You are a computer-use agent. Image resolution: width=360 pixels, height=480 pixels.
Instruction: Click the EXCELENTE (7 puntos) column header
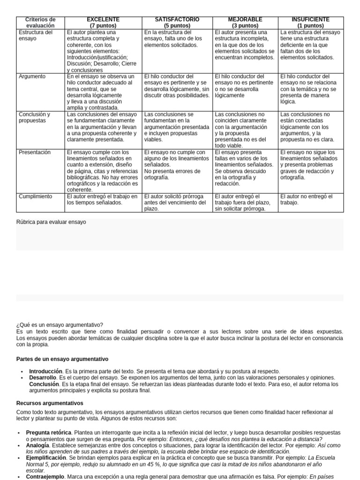coord(103,22)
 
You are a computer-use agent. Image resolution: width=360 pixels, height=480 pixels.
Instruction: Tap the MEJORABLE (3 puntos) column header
coord(245,22)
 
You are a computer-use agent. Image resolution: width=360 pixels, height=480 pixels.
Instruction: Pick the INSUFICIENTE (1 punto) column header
coord(310,22)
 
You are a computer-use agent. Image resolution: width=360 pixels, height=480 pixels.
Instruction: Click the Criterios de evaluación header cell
coord(40,22)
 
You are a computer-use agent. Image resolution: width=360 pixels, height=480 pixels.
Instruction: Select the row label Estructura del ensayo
coord(36,36)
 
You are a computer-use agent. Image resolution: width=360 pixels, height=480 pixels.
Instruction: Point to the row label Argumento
coord(32,76)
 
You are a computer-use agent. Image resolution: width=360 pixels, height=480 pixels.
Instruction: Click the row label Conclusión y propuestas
coord(34,117)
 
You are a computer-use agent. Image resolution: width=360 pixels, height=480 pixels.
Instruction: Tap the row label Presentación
coord(34,152)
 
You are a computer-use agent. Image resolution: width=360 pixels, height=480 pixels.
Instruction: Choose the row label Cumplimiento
coord(35,196)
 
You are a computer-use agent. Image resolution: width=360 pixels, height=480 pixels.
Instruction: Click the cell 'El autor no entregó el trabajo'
coord(306,199)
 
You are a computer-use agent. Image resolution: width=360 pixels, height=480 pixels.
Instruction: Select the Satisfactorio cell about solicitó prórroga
coord(177,202)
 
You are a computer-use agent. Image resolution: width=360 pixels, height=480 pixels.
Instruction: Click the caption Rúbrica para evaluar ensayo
coord(51,222)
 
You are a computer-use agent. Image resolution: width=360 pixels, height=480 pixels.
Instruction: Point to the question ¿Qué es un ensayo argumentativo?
coord(60,325)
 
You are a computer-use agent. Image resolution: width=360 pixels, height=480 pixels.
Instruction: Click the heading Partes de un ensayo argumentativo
coord(62,359)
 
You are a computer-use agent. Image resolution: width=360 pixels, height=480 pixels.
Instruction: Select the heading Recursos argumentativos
coord(50,403)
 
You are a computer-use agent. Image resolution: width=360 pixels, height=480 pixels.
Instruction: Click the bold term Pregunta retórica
coord(49,432)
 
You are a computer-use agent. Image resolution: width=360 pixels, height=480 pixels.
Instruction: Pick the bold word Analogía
coord(37,445)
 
